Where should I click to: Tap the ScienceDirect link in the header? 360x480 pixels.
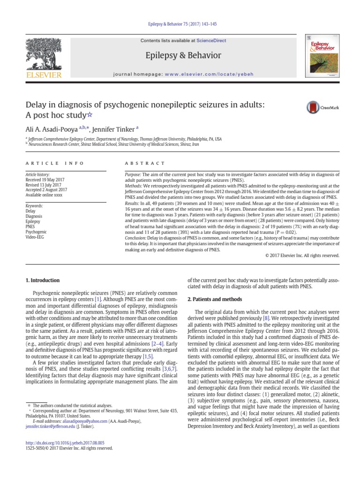pyautogui.click(x=211, y=41)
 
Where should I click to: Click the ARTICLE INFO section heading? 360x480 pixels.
pyautogui.click(x=54, y=163)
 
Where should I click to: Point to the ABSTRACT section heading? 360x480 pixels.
pyautogui.click(x=144, y=163)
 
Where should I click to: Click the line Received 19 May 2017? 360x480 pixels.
pyautogui.click(x=45, y=179)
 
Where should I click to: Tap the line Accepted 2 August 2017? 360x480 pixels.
pyautogui.click(x=46, y=189)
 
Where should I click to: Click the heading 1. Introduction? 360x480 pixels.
pyautogui.click(x=42, y=280)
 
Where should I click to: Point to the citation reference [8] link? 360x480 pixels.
pyautogui.click(x=266, y=318)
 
